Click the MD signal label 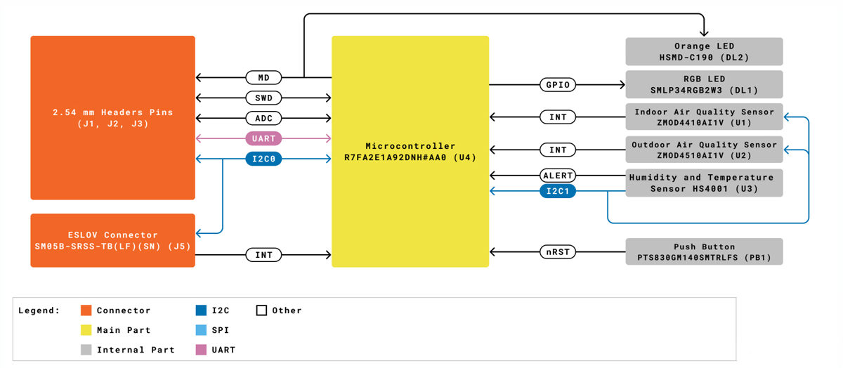tap(263, 77)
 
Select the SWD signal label tap(263, 98)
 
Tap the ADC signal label tap(263, 118)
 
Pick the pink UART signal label tap(263, 139)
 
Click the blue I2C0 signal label tap(263, 159)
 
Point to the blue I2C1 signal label tap(558, 190)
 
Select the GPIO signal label tap(558, 85)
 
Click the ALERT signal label tap(558, 176)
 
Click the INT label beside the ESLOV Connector tap(263, 255)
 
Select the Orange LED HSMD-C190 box tap(704, 52)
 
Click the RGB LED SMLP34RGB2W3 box tap(704, 84)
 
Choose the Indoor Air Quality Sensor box tap(704, 117)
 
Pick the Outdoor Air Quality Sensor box tap(704, 150)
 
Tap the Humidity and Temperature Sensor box tap(704, 183)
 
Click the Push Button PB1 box tap(704, 252)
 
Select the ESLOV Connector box tap(112, 240)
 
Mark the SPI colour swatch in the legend tap(201, 330)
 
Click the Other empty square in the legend tap(261, 310)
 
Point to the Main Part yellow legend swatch tap(86, 330)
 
